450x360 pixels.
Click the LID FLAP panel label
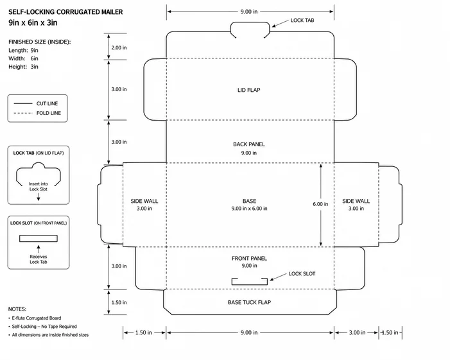pos(249,90)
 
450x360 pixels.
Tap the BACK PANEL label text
pos(249,144)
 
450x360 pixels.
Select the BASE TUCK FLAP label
pos(250,302)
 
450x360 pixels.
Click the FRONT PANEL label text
pos(249,259)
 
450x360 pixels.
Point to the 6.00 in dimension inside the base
pos(320,204)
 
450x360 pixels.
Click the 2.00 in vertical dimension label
pos(119,47)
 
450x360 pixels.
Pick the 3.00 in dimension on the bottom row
pos(357,332)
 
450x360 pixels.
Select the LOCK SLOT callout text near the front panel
pos(302,274)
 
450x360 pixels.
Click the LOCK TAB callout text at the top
pos(302,21)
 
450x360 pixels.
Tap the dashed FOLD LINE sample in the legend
pos(23,113)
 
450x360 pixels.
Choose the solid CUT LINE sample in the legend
pos(23,103)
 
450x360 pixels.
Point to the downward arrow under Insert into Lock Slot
pos(39,197)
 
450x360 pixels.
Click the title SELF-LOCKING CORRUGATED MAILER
pos(65,12)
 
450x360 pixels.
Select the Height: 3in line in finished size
pos(23,67)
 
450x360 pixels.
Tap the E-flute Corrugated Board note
pos(37,318)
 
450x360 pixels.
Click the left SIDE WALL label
pos(144,201)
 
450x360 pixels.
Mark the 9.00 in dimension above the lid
pos(249,12)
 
